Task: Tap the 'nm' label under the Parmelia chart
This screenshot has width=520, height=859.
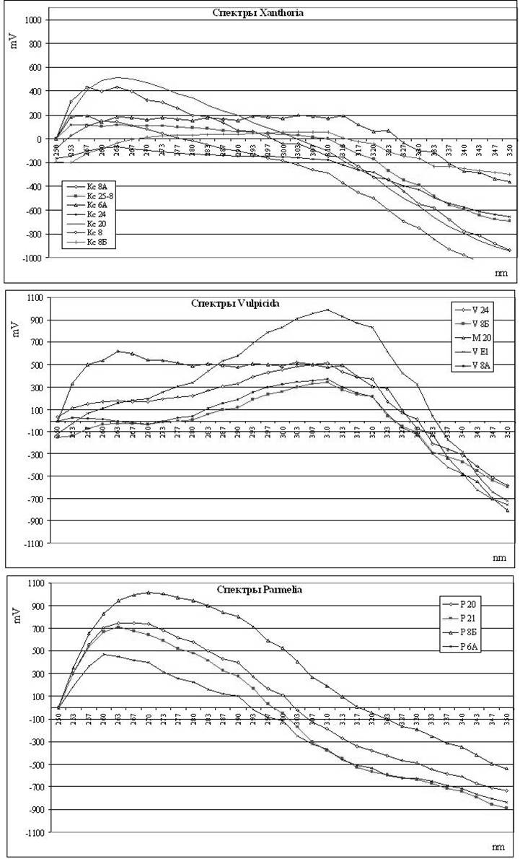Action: pyautogui.click(x=500, y=847)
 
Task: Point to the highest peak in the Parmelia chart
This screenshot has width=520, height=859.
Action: pyautogui.click(x=148, y=592)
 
